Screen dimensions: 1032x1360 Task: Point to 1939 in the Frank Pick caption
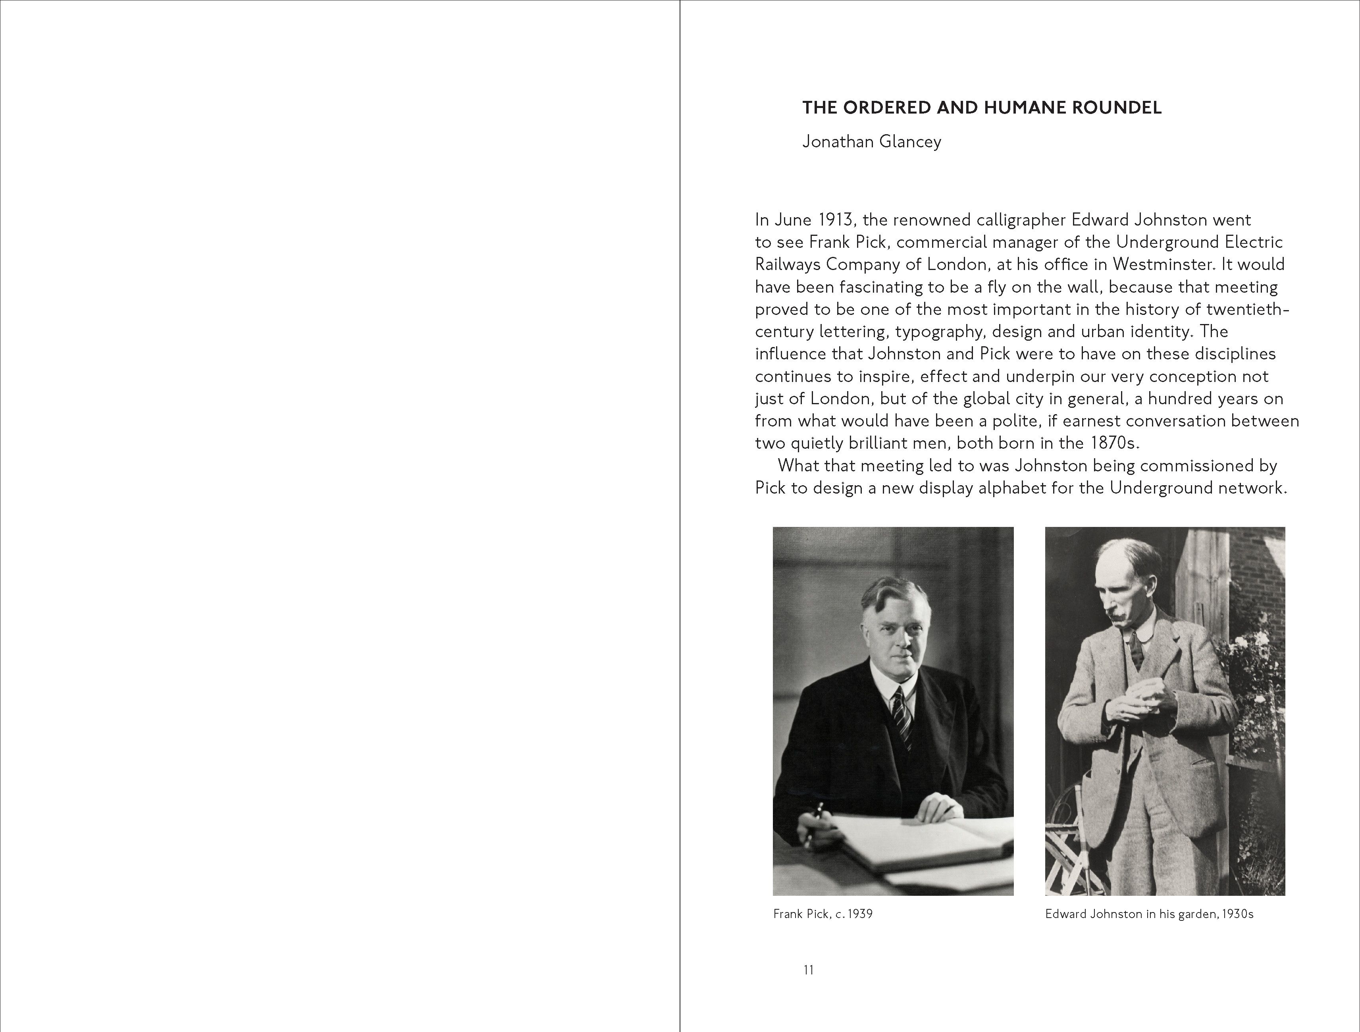tap(860, 914)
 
